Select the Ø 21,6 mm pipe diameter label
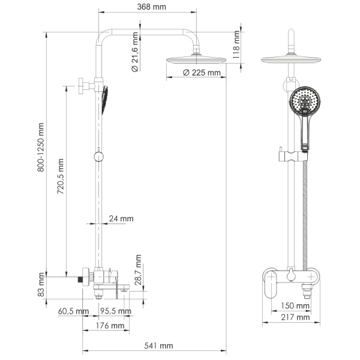tap(135, 53)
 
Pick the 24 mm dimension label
tap(121, 219)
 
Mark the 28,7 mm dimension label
tap(139, 272)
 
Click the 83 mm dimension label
tap(41, 286)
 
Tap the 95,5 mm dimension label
tap(116, 311)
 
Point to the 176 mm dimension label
tap(110, 326)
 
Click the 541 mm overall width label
tap(158, 346)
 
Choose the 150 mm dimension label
tap(295, 306)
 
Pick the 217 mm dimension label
tap(295, 317)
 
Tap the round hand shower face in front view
tap(304, 102)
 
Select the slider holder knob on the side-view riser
tap(98, 157)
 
